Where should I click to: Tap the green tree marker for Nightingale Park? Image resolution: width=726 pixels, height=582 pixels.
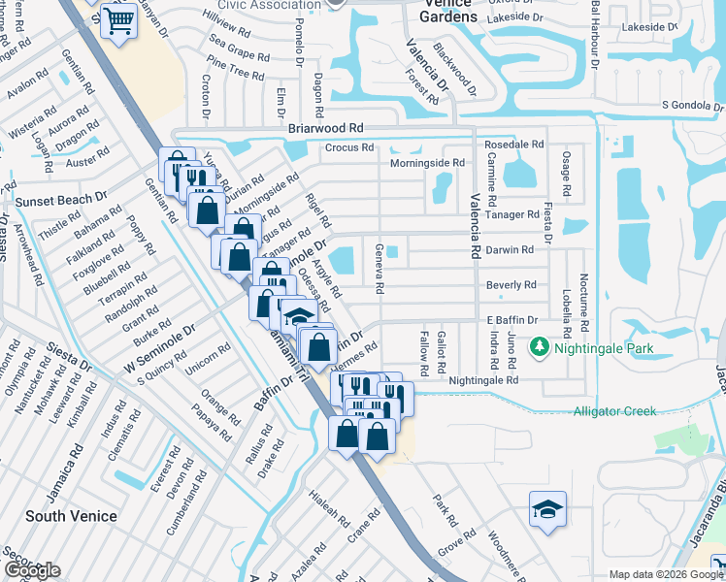coord(539,346)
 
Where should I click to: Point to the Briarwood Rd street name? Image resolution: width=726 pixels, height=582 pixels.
coord(325,128)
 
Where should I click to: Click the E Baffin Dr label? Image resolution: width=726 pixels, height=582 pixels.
coord(505,320)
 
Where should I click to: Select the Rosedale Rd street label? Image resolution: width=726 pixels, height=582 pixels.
coord(516,144)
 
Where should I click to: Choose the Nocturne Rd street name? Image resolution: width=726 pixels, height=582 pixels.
coord(585,296)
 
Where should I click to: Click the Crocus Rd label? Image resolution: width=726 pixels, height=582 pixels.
coord(349,147)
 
